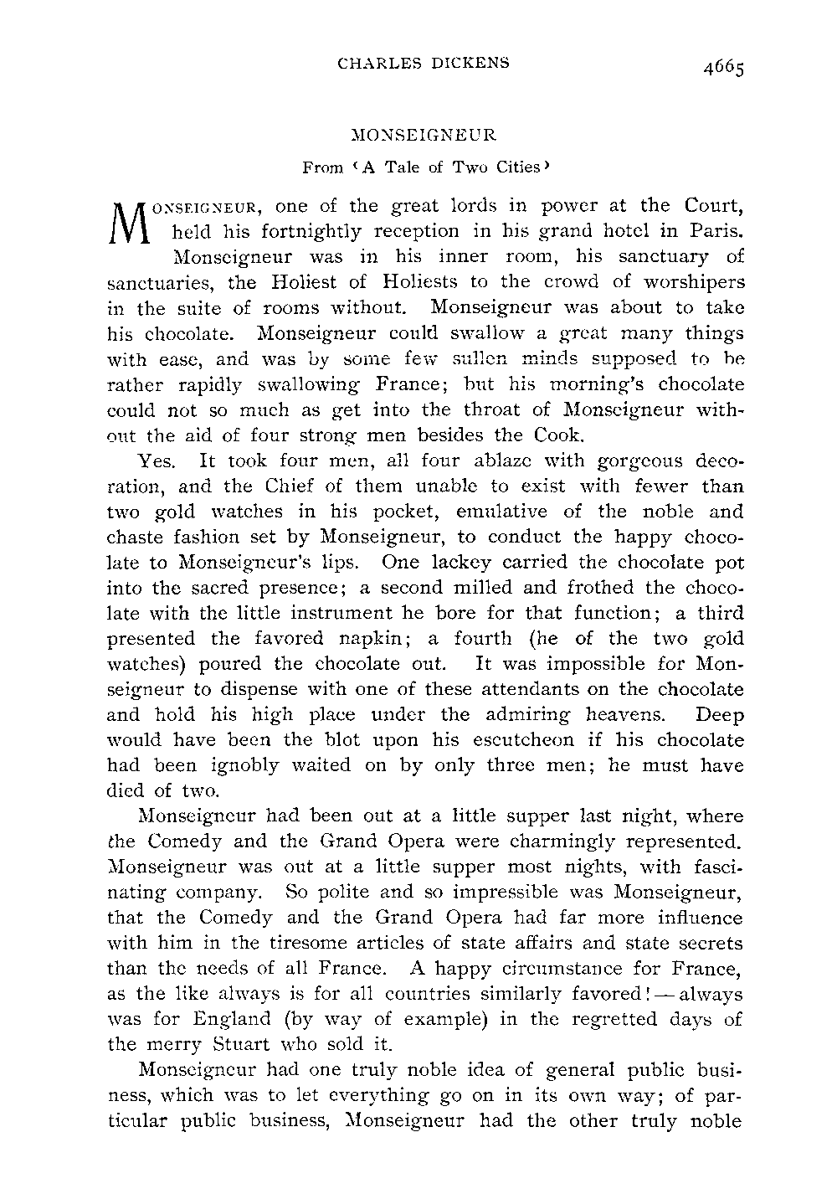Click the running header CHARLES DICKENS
pyautogui.click(x=422, y=62)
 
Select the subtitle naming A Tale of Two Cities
pyautogui.click(x=425, y=167)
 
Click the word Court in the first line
pyautogui.click(x=713, y=205)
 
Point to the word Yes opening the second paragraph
pyautogui.click(x=155, y=461)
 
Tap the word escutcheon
pyautogui.click(x=513, y=740)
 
